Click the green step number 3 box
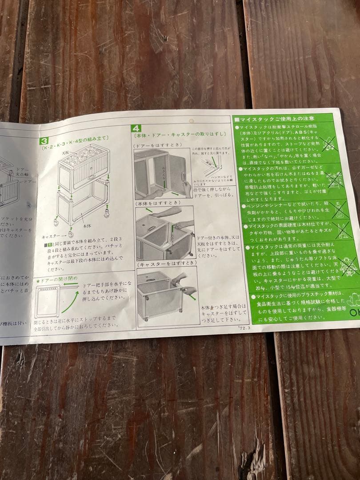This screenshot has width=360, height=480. (44, 141)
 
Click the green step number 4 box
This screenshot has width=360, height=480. (136, 128)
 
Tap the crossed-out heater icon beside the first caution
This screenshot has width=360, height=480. (329, 144)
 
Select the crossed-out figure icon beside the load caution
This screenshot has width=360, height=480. (348, 267)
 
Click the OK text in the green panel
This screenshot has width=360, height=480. (354, 313)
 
